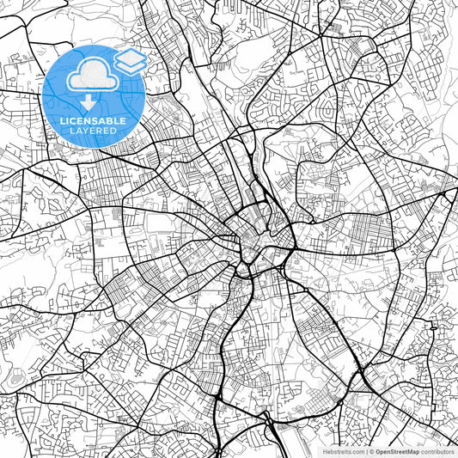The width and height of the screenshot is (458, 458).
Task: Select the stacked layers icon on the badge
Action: [x=131, y=62]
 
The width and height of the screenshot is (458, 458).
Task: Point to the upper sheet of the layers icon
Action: [x=131, y=58]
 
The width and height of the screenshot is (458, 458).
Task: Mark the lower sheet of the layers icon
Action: [x=131, y=67]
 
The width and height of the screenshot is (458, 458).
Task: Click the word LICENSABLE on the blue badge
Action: [x=94, y=120]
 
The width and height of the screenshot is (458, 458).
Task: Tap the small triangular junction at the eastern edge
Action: [x=449, y=196]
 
